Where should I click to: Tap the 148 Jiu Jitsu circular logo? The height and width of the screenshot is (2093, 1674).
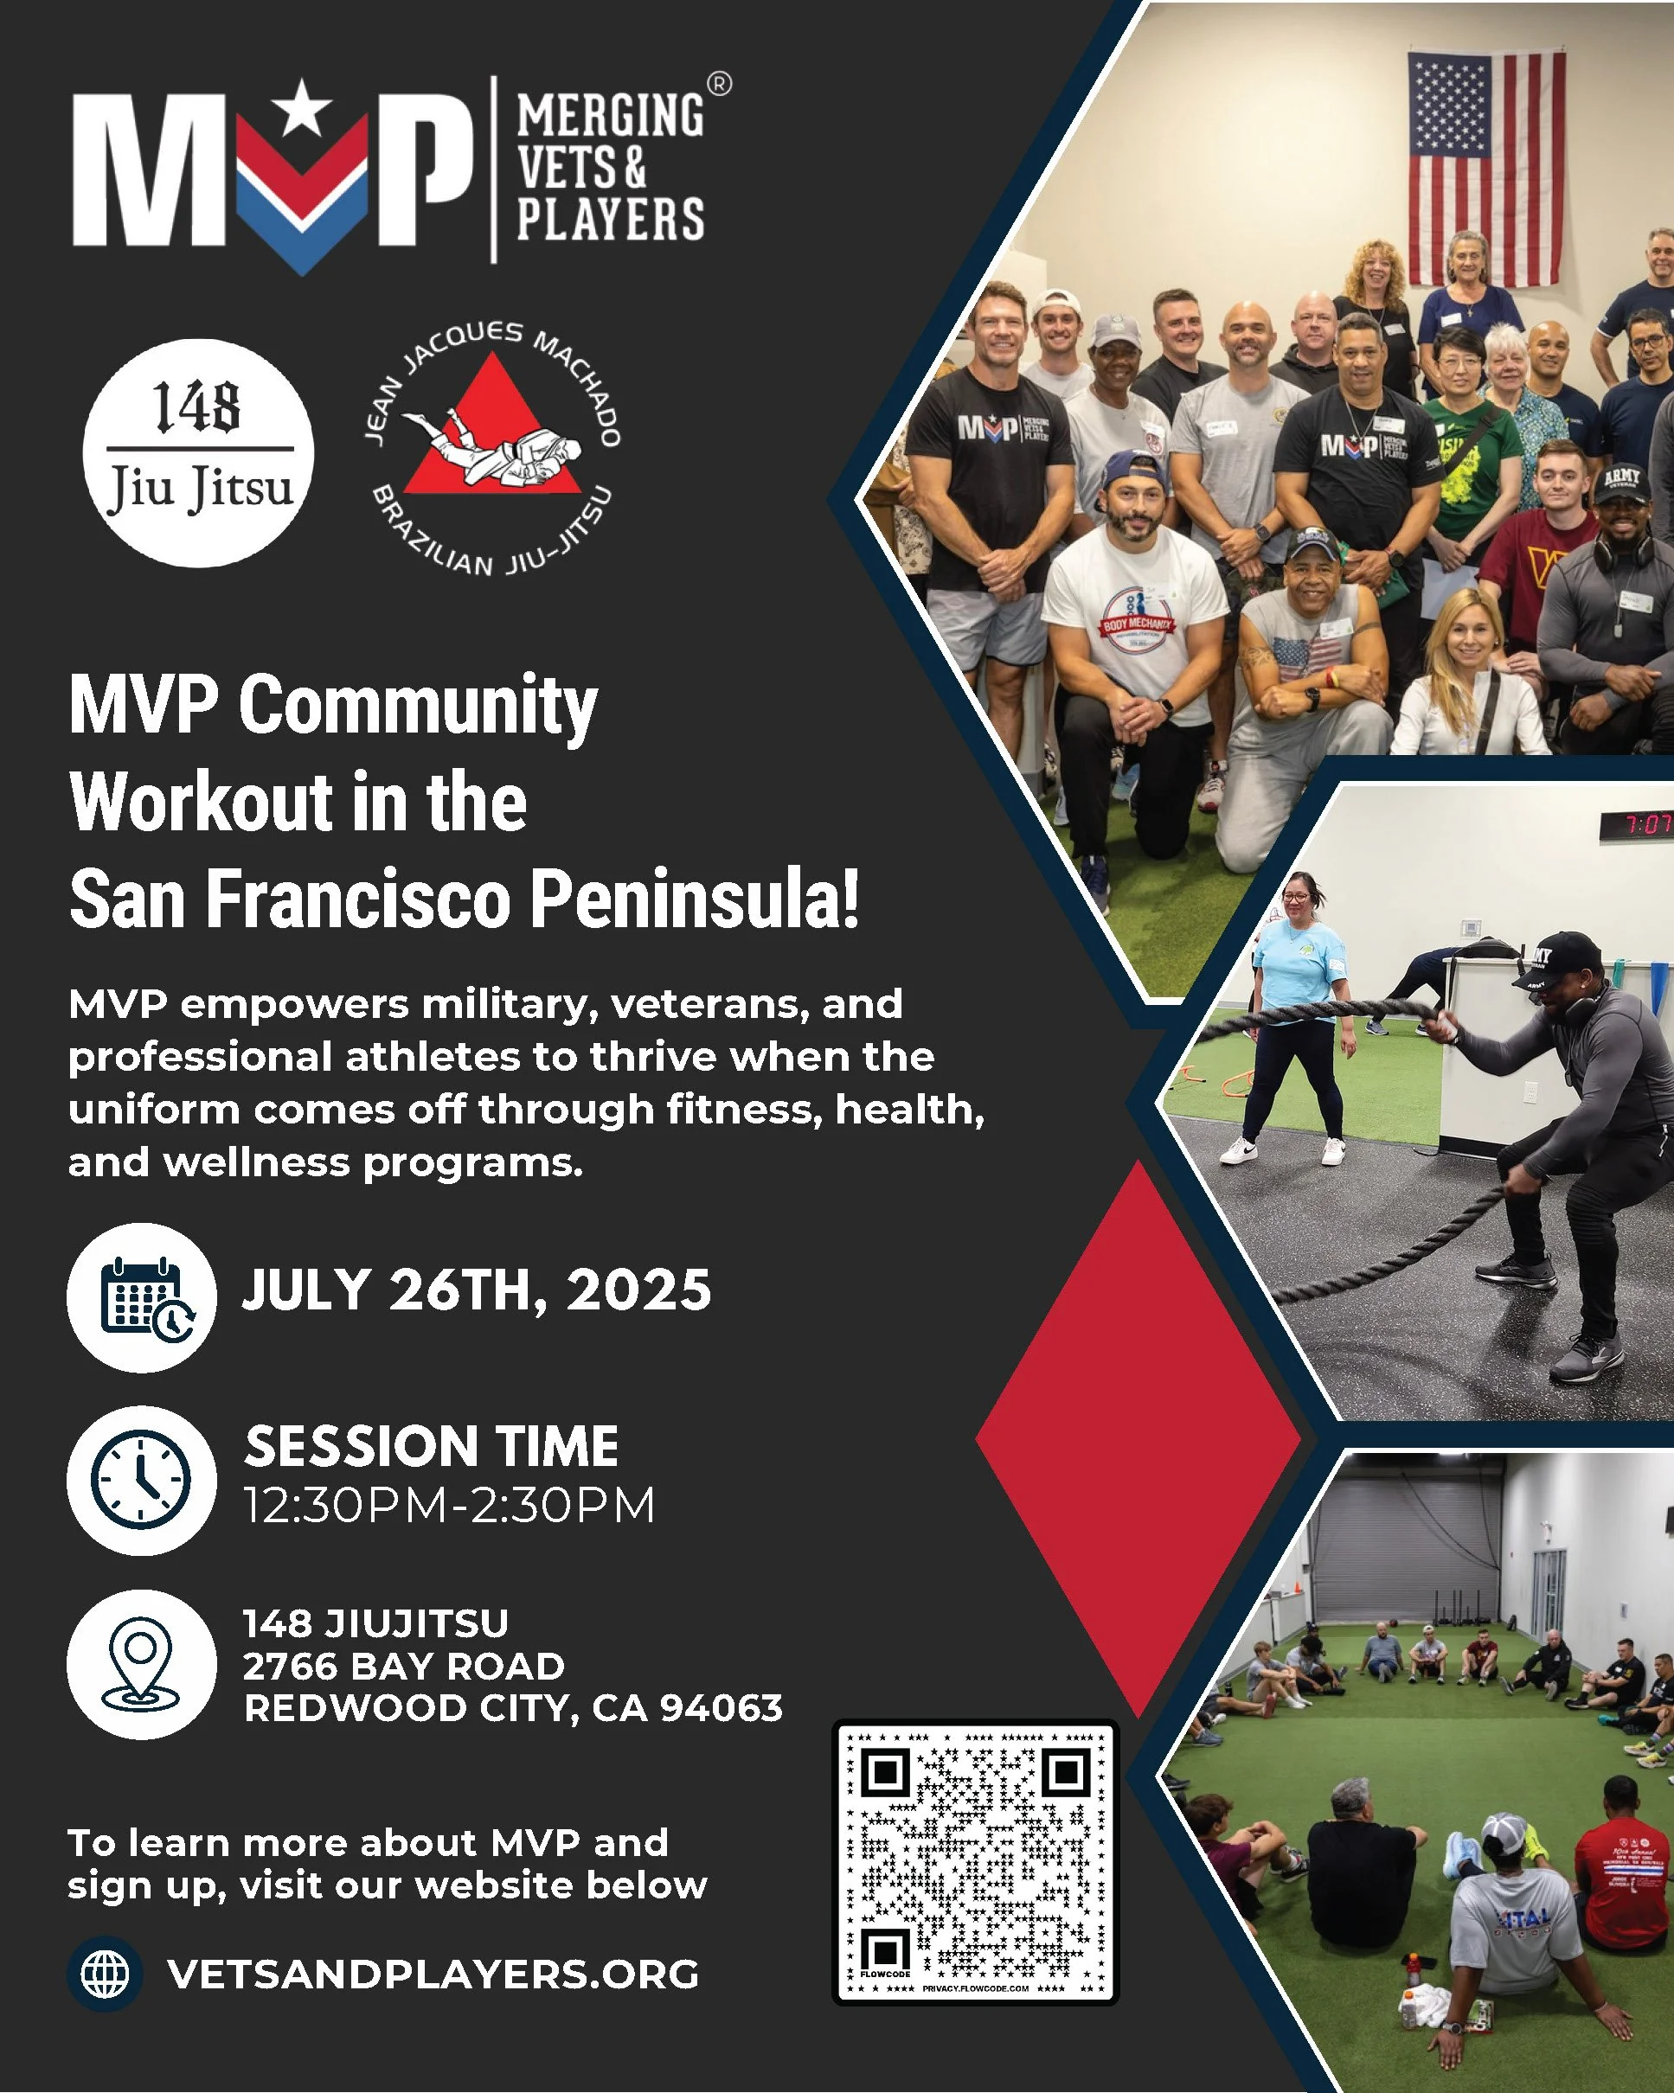[199, 452]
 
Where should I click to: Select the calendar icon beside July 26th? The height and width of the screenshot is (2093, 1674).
[142, 1298]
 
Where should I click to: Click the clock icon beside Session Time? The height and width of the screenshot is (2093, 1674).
[142, 1480]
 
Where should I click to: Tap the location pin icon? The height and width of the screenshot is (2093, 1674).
[142, 1664]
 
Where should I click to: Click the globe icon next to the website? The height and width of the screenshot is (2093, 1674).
[105, 1974]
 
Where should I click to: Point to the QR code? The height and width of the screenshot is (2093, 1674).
[976, 1865]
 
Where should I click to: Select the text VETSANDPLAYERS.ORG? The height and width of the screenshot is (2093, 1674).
[433, 1974]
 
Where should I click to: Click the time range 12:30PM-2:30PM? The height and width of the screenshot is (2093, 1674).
[449, 1506]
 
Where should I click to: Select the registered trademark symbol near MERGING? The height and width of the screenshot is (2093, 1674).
[719, 85]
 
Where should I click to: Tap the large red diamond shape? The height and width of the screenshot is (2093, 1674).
[1138, 1440]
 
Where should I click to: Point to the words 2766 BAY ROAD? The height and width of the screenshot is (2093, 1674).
[403, 1666]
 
